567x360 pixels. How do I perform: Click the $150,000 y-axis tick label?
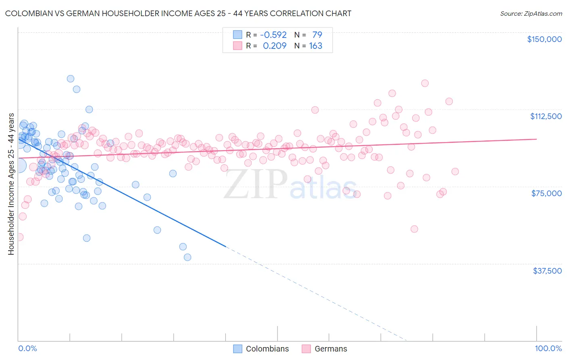pos(544,39)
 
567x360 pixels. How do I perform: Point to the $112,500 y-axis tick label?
pos(546,116)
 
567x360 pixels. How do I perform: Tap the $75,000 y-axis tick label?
pos(546,193)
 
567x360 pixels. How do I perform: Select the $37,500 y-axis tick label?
pos(547,271)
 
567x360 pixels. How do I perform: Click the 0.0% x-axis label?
pos(27,348)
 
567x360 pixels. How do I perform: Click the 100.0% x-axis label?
pos(548,348)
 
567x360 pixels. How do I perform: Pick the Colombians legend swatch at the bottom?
pos(238,349)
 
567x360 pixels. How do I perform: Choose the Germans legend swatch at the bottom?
pos(306,349)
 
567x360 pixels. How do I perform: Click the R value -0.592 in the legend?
pos(273,35)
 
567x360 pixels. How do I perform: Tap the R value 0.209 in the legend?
pos(275,46)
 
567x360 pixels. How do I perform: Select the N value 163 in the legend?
pos(315,46)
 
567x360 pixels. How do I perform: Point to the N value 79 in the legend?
pos(317,35)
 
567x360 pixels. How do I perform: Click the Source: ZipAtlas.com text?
pos(531,13)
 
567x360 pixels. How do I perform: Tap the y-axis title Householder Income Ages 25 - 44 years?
pos(11,184)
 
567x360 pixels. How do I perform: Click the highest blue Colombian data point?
pos(71,79)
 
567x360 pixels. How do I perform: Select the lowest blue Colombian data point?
pos(187,257)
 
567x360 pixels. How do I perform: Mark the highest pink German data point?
pos(425,83)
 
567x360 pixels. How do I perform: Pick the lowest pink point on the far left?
pos(19,237)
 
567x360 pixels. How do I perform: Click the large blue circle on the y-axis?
pos(19,166)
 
